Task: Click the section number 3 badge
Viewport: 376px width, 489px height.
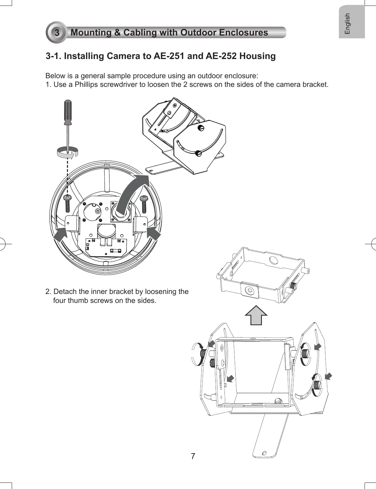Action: (57, 32)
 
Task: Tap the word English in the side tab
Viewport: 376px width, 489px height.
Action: (348, 23)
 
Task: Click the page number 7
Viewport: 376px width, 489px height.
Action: (193, 456)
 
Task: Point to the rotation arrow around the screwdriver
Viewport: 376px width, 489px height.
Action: (68, 153)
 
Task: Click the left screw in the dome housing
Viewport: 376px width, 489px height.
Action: (67, 202)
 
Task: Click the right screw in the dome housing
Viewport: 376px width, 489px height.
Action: (144, 202)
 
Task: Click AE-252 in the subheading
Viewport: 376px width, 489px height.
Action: (221, 56)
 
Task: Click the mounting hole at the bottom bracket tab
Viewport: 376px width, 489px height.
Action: (264, 453)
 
